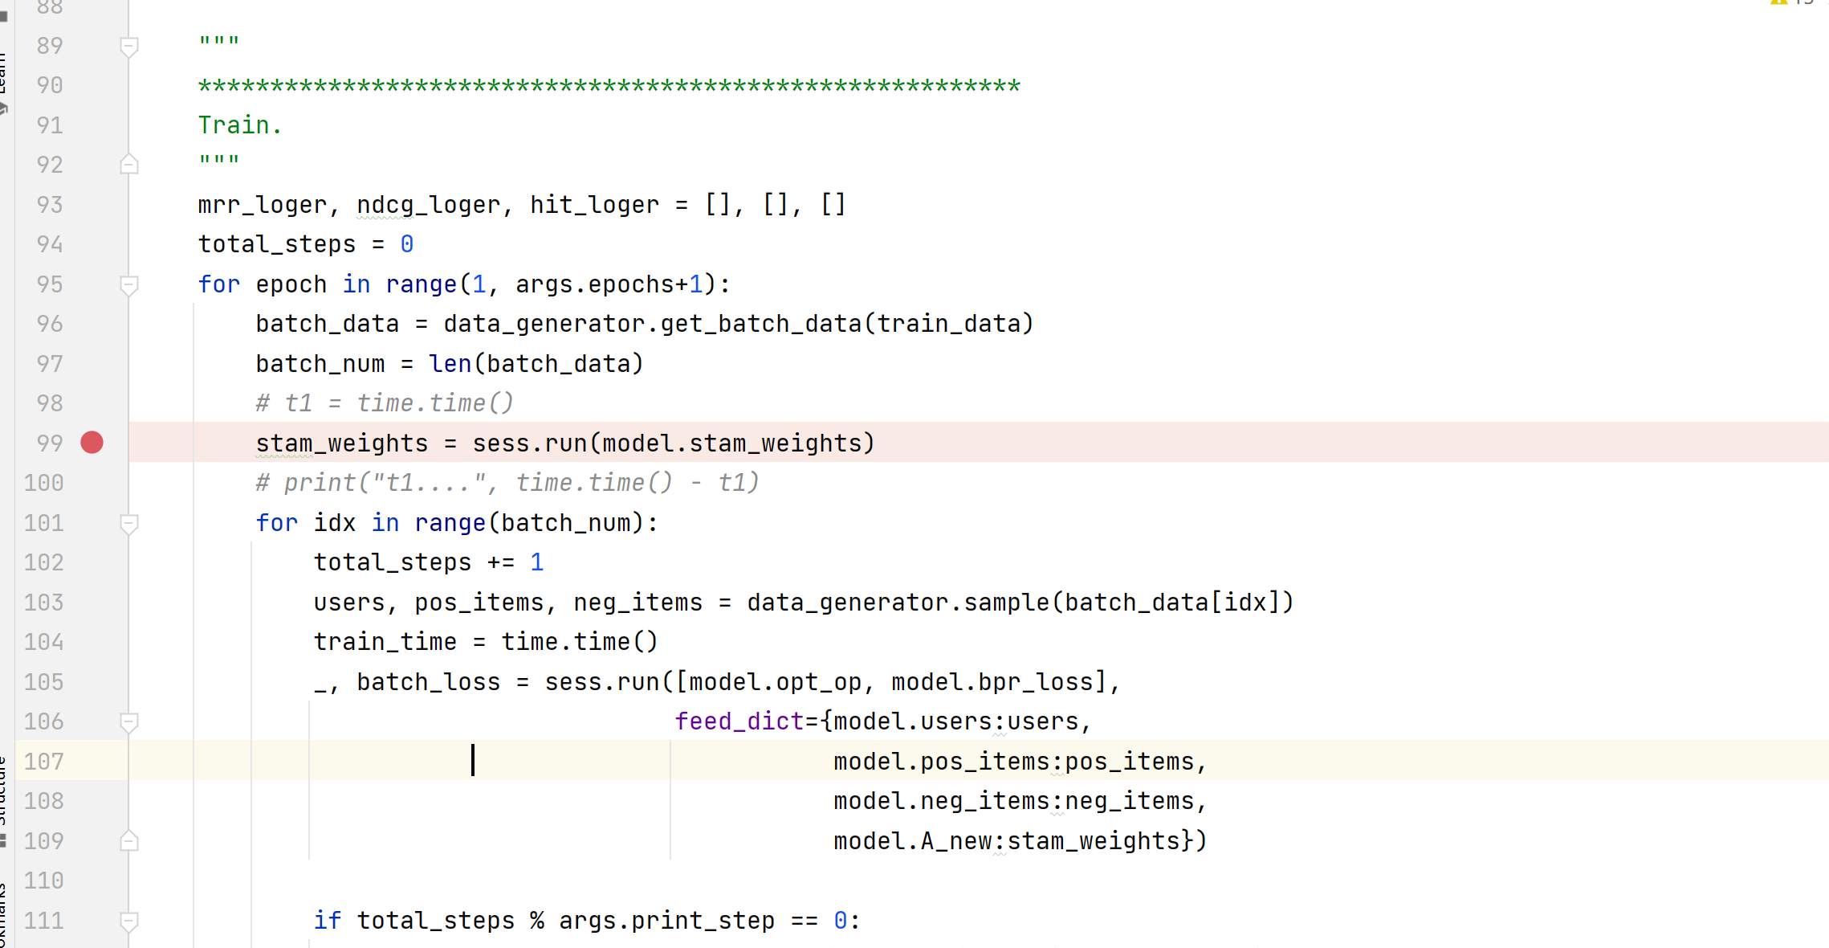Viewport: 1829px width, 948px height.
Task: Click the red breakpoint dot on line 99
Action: tap(92, 443)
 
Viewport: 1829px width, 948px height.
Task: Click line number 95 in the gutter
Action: tap(50, 284)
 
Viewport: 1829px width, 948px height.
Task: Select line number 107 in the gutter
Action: tap(43, 762)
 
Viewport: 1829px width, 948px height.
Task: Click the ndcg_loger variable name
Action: tap(428, 205)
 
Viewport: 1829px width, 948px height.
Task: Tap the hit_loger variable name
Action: tap(594, 205)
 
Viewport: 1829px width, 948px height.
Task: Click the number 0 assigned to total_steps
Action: tap(407, 244)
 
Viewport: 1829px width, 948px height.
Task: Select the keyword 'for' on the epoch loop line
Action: tap(219, 284)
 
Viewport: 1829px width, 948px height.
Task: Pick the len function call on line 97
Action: tap(450, 364)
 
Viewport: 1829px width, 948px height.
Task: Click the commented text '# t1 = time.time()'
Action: tap(385, 403)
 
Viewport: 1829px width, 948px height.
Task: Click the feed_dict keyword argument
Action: tap(739, 721)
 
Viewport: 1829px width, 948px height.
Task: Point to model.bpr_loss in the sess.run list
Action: tap(992, 682)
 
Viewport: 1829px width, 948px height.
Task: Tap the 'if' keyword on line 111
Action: tap(328, 921)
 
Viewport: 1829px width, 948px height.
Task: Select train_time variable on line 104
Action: tap(385, 642)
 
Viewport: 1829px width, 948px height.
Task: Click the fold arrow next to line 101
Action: tap(128, 524)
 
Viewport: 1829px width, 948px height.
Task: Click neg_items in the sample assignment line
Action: tap(638, 603)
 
